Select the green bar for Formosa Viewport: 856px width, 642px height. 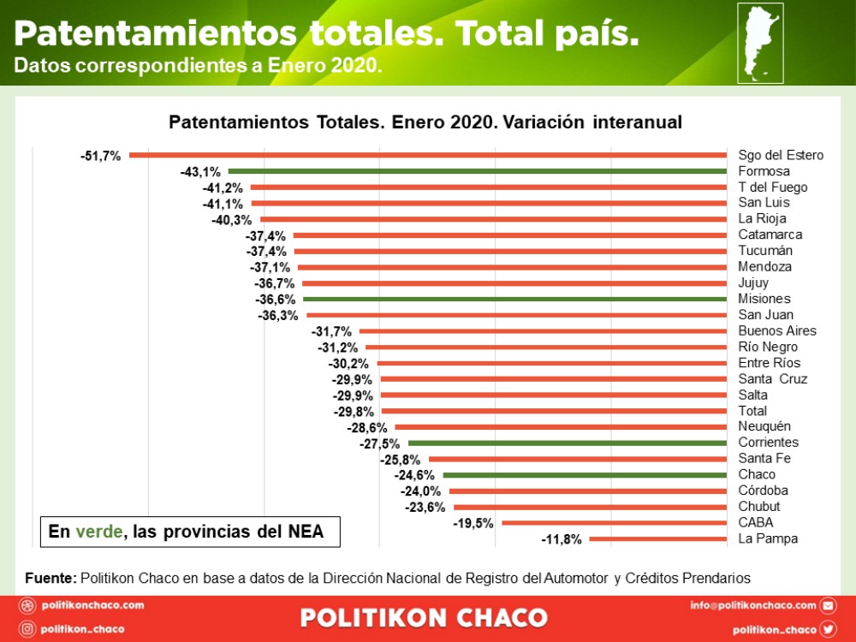(478, 171)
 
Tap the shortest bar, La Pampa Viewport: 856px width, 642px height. (657, 538)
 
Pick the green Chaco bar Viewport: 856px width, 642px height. (586, 475)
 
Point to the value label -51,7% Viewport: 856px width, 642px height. (100, 156)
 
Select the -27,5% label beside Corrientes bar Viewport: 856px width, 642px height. (379, 443)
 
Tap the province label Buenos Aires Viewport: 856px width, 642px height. (776, 331)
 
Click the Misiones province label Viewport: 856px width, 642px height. (764, 299)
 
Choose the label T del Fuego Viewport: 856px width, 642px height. (772, 187)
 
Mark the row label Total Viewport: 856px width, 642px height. (752, 411)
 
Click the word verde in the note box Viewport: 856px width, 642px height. (98, 532)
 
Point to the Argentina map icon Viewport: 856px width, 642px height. (760, 43)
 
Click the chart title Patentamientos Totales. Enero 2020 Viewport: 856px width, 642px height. (425, 122)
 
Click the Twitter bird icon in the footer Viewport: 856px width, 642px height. (828, 629)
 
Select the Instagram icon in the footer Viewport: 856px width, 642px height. (27, 629)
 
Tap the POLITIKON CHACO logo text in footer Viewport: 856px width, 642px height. (424, 618)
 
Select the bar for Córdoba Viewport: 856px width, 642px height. (588, 490)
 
